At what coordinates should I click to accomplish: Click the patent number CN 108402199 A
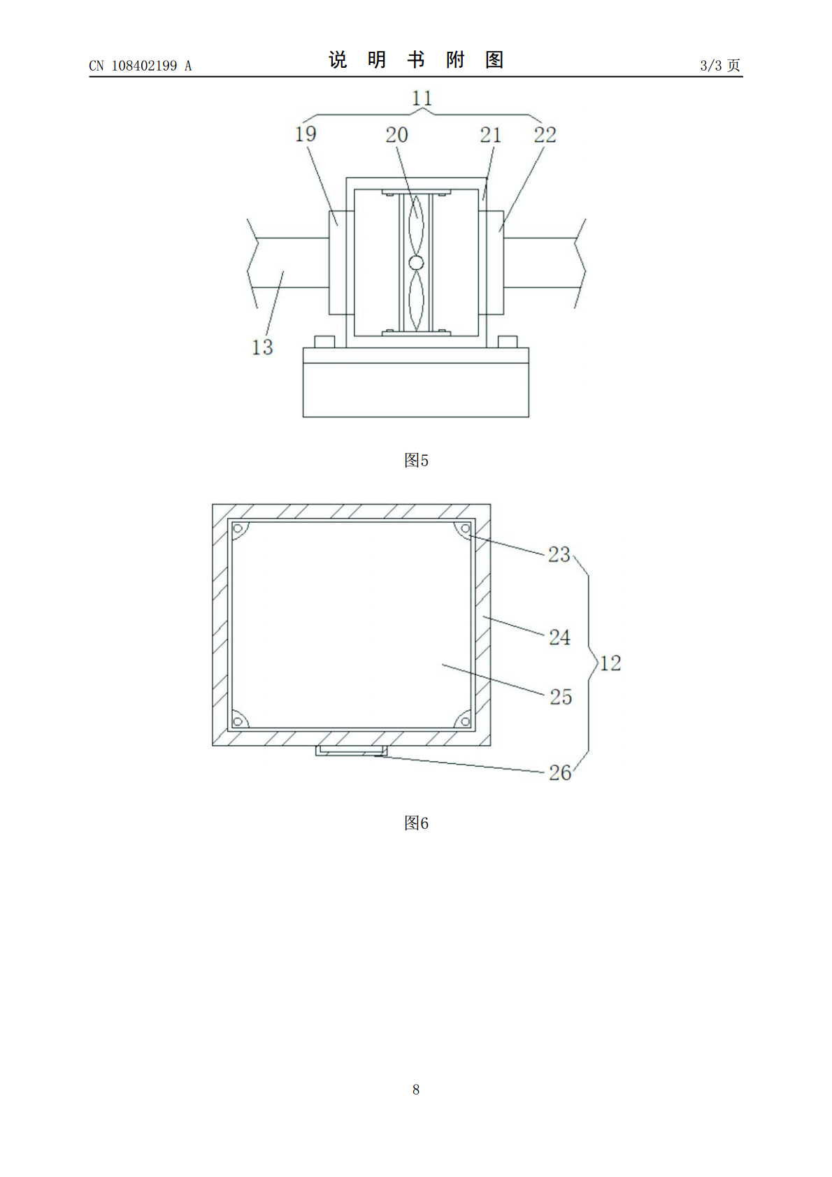(141, 66)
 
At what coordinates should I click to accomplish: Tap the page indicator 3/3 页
(720, 65)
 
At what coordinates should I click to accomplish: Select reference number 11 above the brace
(422, 99)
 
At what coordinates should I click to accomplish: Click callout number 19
(306, 134)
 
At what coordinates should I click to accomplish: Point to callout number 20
(397, 135)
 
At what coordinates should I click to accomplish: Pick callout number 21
(490, 135)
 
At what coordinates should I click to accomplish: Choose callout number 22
(545, 135)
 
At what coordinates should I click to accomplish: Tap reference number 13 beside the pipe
(262, 347)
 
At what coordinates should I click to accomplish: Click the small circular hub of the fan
(416, 262)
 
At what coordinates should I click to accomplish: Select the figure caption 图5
(416, 461)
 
